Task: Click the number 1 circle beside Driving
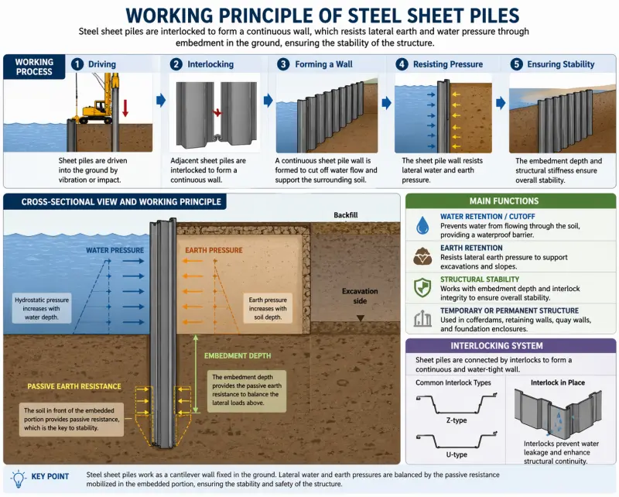[77, 64]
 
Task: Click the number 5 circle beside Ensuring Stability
[517, 64]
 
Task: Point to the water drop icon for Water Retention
[422, 225]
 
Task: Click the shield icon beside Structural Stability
[422, 286]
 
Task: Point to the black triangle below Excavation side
[359, 317]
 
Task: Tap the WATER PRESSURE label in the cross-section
[115, 250]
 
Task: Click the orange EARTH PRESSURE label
[214, 250]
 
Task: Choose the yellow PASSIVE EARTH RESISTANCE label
[74, 386]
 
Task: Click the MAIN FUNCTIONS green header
[511, 201]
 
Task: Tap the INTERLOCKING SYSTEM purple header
[511, 345]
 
